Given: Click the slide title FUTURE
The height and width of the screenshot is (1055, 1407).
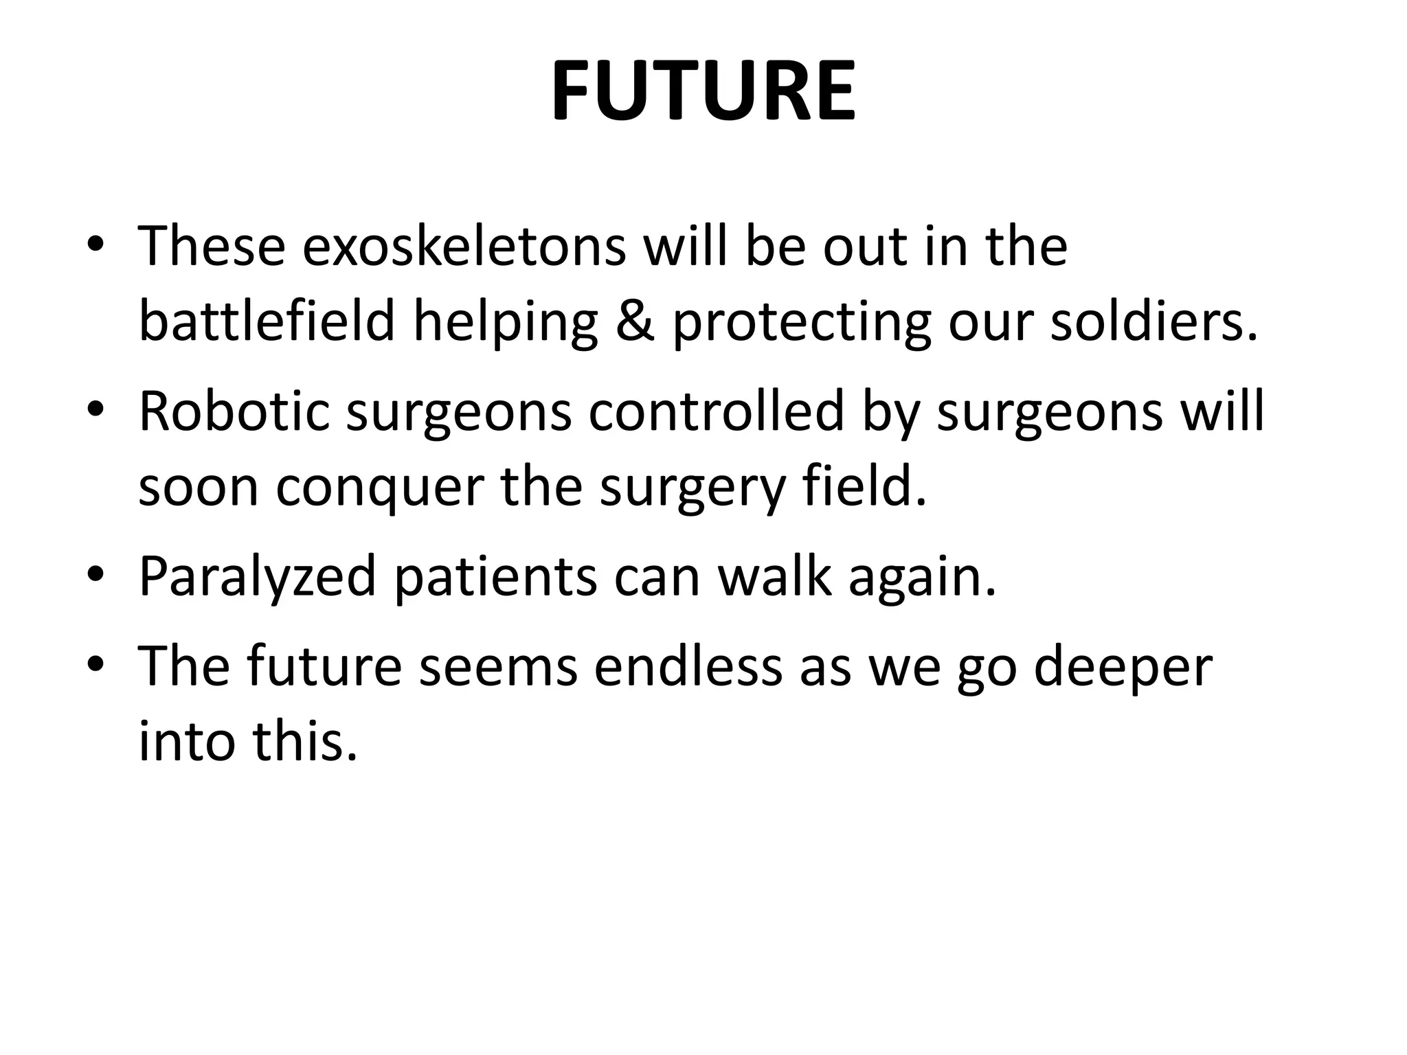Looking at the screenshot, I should point(703,91).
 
